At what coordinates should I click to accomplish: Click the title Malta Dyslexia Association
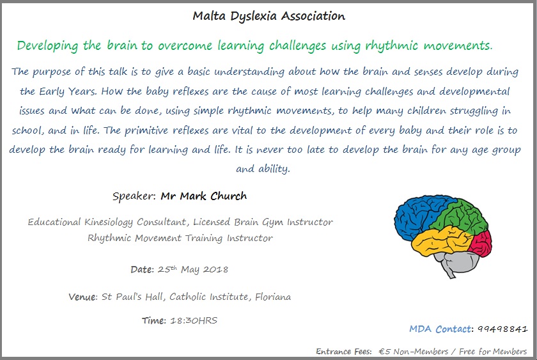tap(269, 16)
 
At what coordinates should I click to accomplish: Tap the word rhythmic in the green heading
tap(392, 46)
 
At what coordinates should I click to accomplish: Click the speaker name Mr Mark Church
tap(204, 196)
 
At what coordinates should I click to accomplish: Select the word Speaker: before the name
tap(134, 196)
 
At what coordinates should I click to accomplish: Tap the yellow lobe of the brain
tap(440, 242)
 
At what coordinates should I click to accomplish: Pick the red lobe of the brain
tap(481, 243)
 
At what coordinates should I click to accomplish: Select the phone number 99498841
tap(502, 329)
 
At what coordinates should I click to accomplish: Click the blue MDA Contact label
tap(440, 329)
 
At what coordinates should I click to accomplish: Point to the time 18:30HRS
tap(194, 320)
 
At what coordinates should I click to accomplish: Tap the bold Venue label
tap(83, 297)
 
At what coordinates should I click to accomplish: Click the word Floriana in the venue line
tap(273, 297)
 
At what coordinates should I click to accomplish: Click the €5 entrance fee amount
tap(385, 352)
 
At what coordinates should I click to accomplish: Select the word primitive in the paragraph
tap(146, 131)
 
